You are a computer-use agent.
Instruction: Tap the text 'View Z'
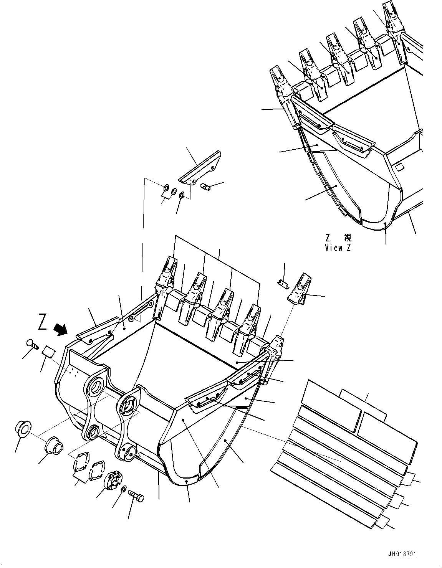coord(338,248)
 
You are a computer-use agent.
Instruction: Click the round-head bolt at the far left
coord(31,343)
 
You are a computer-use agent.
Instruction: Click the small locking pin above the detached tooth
coord(282,283)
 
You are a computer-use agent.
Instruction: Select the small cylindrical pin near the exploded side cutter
coord(205,187)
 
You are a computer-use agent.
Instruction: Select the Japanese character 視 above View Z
coord(347,238)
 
